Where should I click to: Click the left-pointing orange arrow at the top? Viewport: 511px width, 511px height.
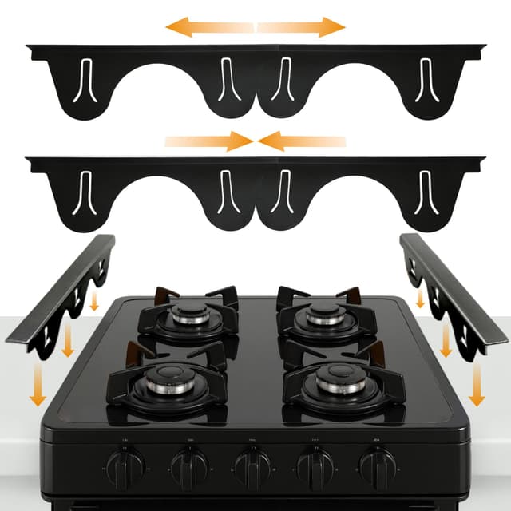pyautogui.click(x=209, y=27)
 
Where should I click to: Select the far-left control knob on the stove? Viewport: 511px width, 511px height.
pyautogui.click(x=126, y=462)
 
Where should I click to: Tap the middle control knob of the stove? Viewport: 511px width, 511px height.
pyautogui.click(x=252, y=463)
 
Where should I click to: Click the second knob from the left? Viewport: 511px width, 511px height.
pyautogui.click(x=189, y=463)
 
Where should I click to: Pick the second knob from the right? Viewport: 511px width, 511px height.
pyautogui.click(x=315, y=463)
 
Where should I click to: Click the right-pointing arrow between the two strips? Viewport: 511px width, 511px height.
pyautogui.click(x=208, y=142)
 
